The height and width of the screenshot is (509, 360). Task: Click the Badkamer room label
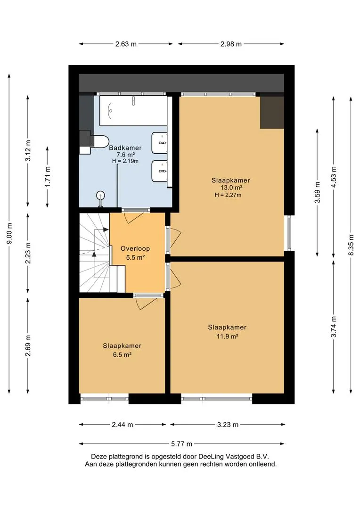125,148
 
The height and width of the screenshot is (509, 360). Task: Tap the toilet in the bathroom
100,141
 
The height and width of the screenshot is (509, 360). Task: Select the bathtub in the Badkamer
133,110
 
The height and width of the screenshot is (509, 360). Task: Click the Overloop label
135,249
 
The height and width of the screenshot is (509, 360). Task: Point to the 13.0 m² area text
231,187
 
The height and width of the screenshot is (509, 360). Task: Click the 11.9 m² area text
227,337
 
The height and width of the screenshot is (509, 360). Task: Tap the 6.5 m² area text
122,355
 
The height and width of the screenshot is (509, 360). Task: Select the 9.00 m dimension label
9,233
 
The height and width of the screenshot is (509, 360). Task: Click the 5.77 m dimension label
181,444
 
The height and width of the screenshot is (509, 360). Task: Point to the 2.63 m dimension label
126,44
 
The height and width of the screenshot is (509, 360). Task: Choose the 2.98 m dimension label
231,44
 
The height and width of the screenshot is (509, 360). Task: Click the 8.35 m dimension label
351,245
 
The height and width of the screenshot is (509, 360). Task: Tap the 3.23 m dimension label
228,425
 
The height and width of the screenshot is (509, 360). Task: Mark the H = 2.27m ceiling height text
228,195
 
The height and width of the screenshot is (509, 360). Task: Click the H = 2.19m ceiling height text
125,161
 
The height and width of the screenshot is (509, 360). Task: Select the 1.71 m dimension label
48,177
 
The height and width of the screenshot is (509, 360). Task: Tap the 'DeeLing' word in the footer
211,457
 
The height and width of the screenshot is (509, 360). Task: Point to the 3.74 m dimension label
334,327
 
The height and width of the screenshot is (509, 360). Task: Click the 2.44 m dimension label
123,425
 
